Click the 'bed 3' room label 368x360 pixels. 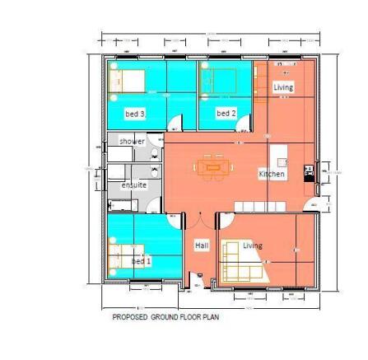(135, 114)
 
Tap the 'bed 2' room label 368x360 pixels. (226, 113)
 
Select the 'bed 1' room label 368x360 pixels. (142, 260)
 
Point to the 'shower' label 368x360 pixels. (132, 141)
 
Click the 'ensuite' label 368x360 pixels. (134, 185)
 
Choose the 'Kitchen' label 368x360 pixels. (272, 174)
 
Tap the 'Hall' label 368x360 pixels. (202, 245)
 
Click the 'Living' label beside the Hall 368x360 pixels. (253, 245)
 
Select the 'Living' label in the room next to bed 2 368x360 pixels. (283, 86)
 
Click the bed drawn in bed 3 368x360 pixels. (128, 81)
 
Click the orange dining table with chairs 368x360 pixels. (212, 166)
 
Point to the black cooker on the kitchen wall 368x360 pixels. (309, 171)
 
